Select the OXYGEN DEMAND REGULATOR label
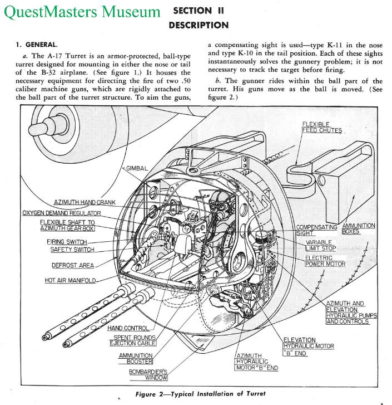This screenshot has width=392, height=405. pos(62,213)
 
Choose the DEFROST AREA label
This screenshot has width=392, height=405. pos(73,265)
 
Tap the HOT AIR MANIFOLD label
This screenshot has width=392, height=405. pos(71,280)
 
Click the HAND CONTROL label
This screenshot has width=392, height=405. pos(128,328)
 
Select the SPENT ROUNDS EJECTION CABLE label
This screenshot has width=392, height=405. pos(134,340)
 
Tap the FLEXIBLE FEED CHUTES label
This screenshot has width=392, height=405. pos(323,127)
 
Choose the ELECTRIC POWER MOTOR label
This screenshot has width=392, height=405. pos(325,261)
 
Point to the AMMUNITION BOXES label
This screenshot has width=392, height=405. pos(358,228)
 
